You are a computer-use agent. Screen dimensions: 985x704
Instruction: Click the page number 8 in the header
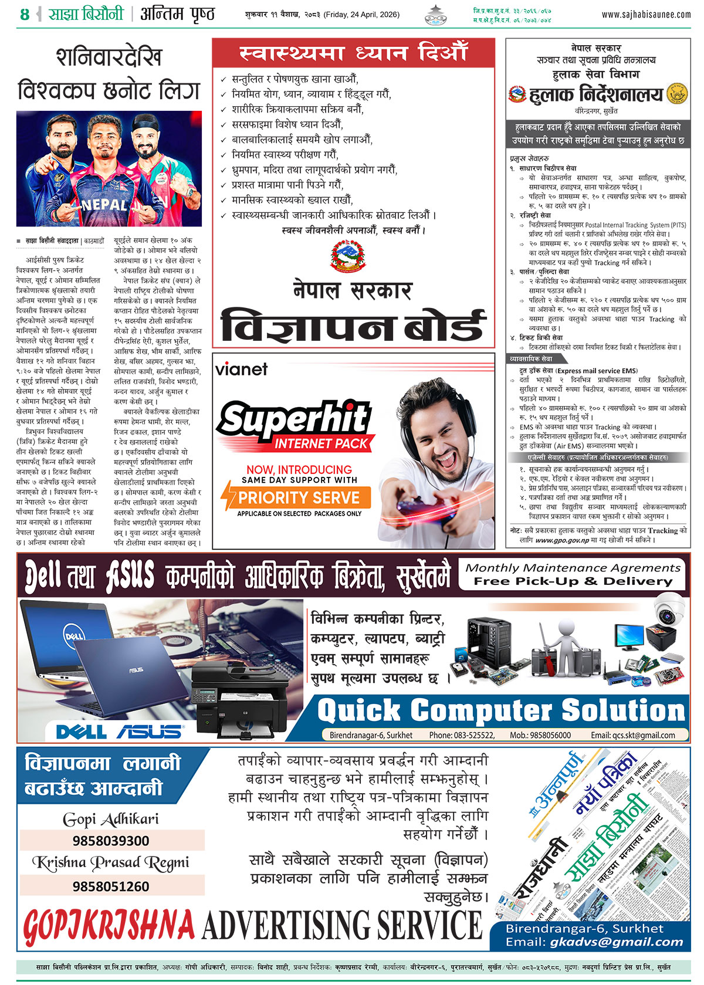pos(24,15)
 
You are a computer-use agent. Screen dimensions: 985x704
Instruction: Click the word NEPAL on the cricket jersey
pos(104,205)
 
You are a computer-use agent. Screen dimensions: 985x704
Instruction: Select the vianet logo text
pos(241,370)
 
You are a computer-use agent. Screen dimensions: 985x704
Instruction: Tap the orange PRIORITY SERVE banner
pos(298,497)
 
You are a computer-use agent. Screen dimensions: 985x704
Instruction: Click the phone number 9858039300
pos(111,841)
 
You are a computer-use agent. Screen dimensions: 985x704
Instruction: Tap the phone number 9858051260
pos(111,886)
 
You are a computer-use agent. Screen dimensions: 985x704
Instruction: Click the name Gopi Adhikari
pos(111,819)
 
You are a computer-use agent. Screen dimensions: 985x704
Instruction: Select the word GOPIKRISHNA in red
pos(109,926)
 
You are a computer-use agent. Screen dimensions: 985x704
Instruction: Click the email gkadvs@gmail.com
pos(617,942)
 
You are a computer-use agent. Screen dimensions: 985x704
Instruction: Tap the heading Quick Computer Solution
pos(501,710)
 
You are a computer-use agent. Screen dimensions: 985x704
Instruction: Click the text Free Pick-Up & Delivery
pos(573,581)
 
